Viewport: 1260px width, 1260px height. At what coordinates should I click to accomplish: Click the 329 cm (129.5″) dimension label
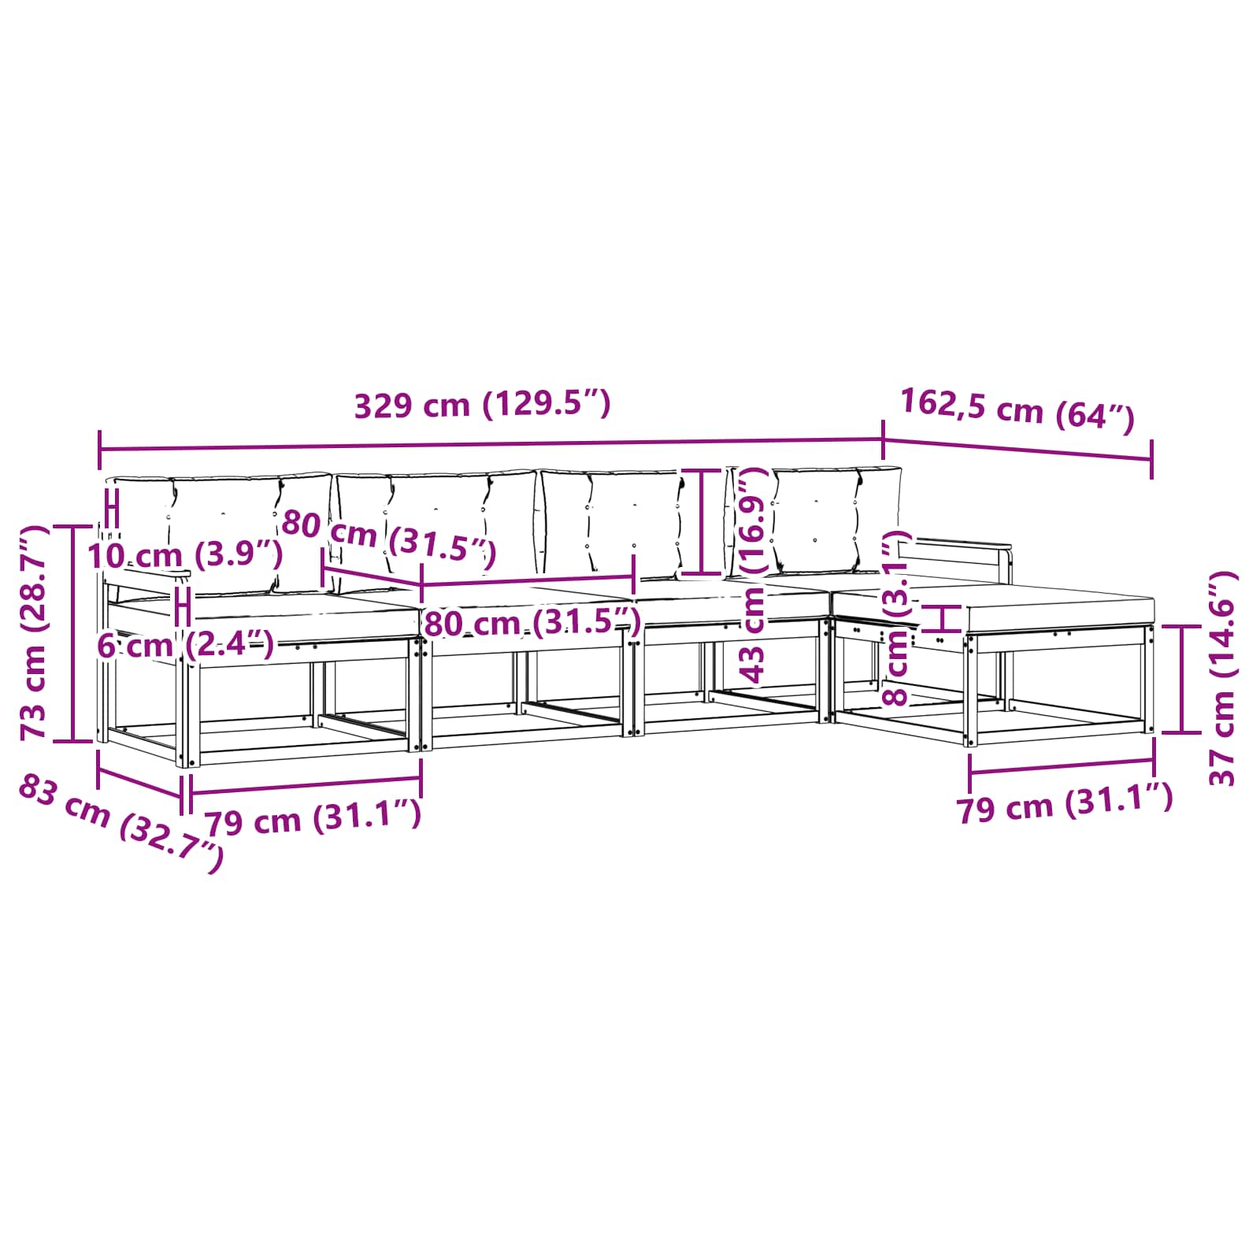(482, 405)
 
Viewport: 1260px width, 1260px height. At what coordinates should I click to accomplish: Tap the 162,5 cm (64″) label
(1017, 409)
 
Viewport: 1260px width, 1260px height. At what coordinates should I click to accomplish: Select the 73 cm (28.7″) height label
(35, 632)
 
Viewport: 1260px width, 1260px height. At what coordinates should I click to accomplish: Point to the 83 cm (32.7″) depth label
(120, 822)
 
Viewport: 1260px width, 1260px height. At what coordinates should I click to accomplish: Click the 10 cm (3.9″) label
(184, 555)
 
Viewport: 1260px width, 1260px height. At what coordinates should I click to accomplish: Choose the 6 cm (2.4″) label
(186, 645)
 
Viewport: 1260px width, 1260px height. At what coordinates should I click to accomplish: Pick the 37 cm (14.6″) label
(1222, 679)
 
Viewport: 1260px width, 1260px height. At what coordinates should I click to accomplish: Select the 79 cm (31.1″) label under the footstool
(1065, 803)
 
